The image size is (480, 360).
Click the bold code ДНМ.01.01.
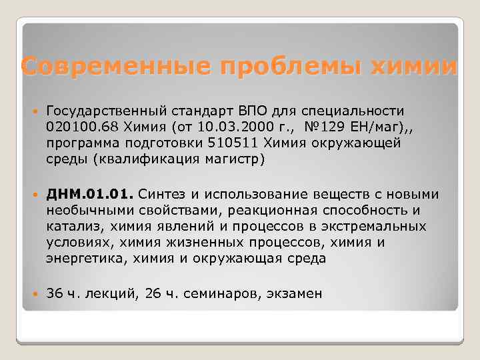pyautogui.click(x=90, y=194)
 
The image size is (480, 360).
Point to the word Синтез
pyautogui.click(x=163, y=194)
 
